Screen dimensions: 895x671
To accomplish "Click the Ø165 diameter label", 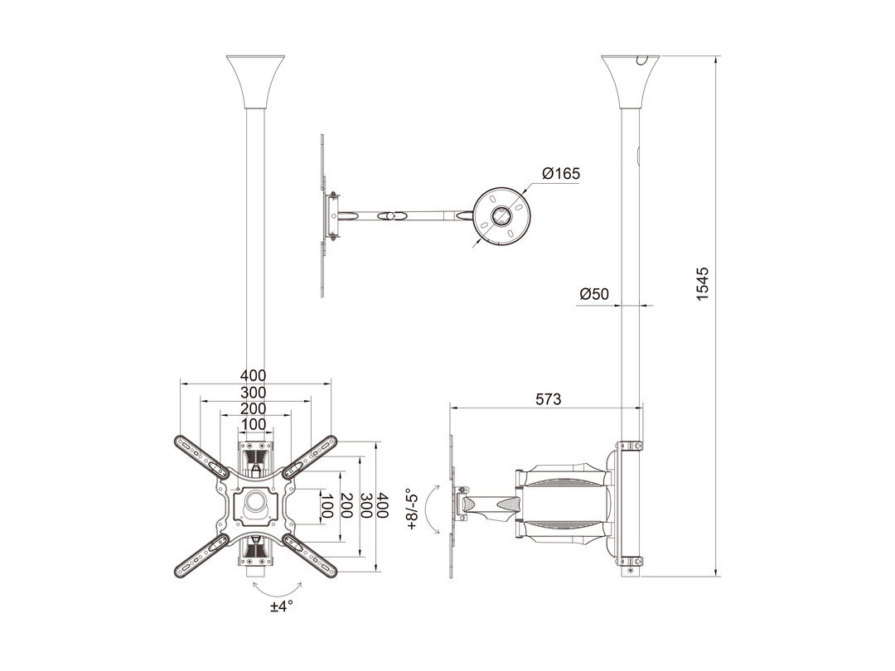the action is coord(561,173).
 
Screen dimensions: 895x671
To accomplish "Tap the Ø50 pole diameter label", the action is coord(594,294).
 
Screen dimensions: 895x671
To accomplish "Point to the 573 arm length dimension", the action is coord(548,398).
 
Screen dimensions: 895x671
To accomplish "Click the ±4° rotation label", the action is coord(282,606).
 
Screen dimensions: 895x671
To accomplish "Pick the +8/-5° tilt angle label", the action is coord(412,509).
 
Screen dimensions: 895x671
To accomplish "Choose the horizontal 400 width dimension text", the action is coord(253,375).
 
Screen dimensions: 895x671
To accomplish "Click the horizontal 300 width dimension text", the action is coord(253,392).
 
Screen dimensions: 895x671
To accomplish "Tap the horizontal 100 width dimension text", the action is coord(254,424).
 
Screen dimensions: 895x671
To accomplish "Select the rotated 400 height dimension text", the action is coord(382,505).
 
